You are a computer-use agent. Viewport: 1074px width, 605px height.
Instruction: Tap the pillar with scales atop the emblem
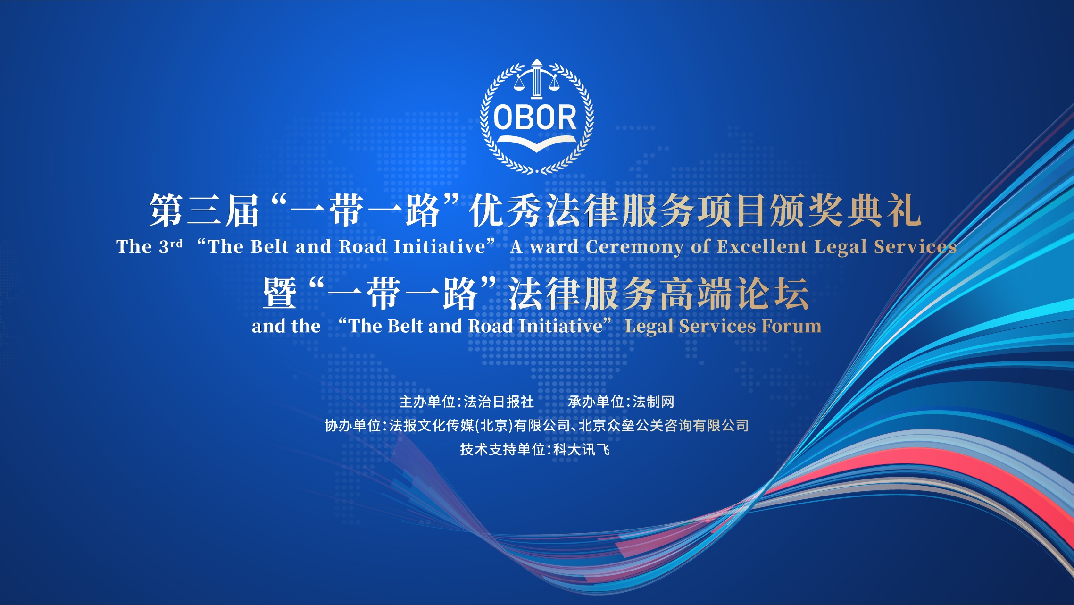[x=536, y=80]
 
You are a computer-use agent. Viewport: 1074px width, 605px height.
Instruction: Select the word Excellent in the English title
[x=762, y=247]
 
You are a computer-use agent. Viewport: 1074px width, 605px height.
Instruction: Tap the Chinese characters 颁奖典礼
[x=846, y=210]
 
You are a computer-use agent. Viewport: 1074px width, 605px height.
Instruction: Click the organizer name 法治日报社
[x=499, y=402]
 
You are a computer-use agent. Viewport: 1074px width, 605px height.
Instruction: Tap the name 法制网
[x=653, y=402]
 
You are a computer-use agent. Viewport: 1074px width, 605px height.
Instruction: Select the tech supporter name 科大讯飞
[x=582, y=449]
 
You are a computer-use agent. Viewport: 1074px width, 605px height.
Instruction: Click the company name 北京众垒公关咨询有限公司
[x=663, y=426]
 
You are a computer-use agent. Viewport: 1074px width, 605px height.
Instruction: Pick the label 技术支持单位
[x=502, y=449]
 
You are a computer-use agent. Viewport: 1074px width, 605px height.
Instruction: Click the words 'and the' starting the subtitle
[x=286, y=326]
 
